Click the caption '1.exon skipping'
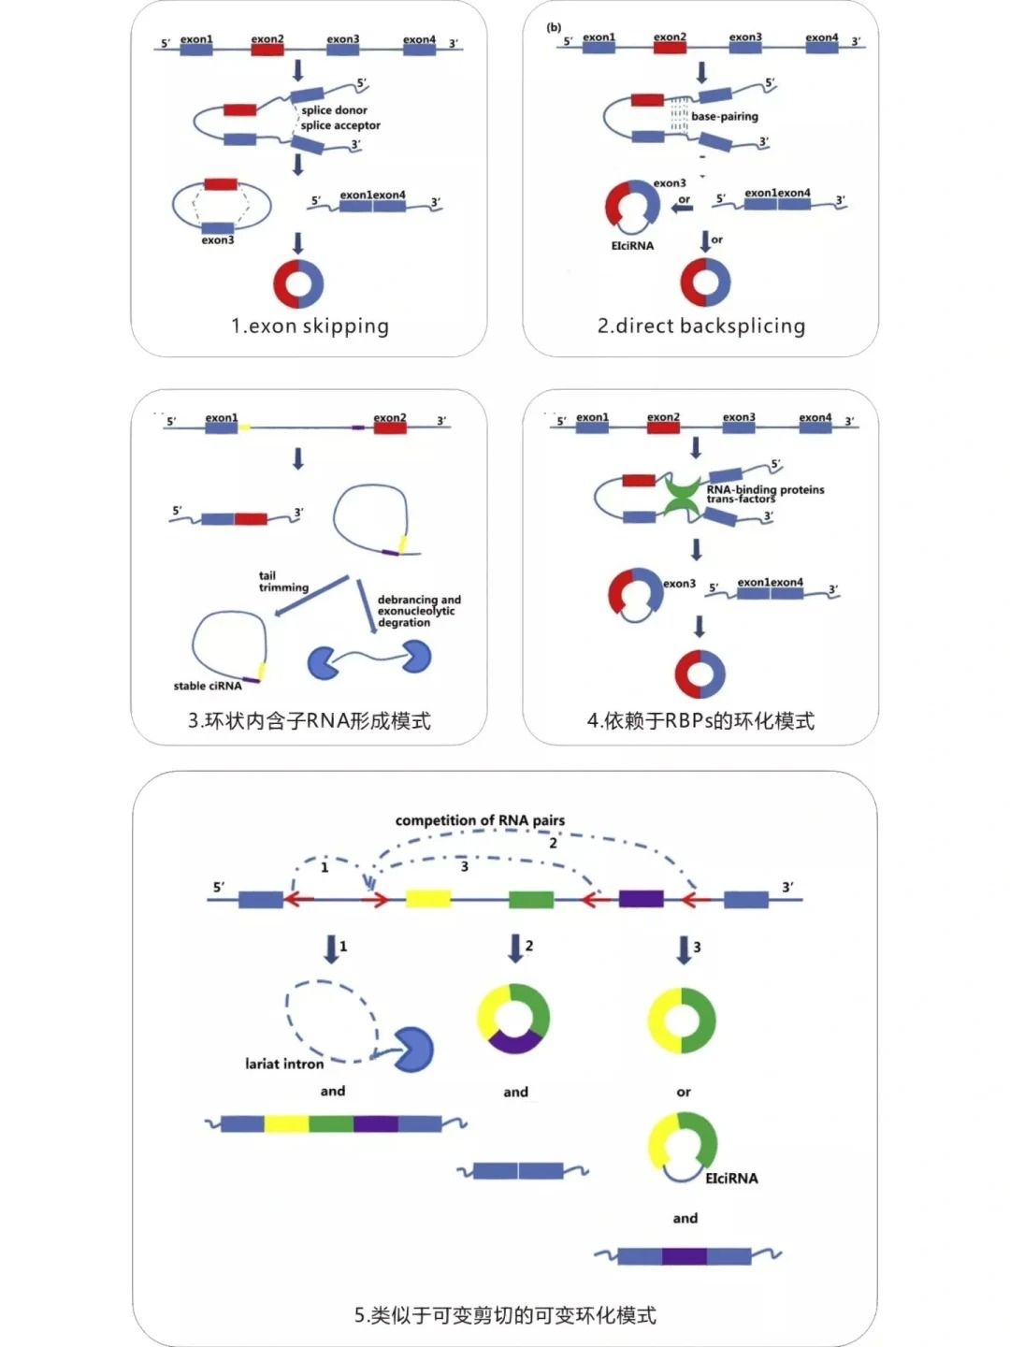tap(310, 326)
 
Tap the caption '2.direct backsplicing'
tap(701, 326)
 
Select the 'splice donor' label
tap(334, 110)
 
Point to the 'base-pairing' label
tap(725, 117)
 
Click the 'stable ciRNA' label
tap(208, 686)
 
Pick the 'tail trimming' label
tap(282, 582)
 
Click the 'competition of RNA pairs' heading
tap(480, 820)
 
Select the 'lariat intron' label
tap(284, 1064)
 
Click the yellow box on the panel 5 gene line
tap(428, 899)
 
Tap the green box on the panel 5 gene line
tap(530, 899)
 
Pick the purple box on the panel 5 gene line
tap(641, 899)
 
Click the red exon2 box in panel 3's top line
tap(390, 427)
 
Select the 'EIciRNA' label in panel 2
tap(632, 246)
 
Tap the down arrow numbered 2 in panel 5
tap(515, 949)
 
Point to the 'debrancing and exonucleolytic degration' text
tap(418, 611)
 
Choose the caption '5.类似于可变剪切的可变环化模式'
tap(505, 1315)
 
